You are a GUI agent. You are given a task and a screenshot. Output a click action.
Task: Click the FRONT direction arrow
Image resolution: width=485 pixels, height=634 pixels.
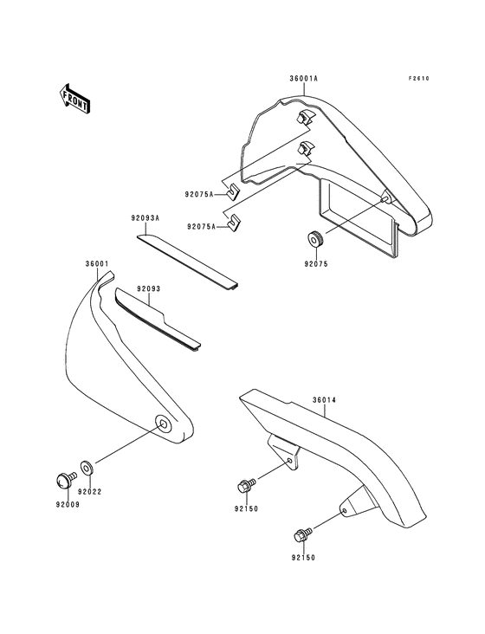[x=74, y=98]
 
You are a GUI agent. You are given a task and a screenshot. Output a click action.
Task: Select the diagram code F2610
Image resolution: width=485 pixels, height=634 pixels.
[x=418, y=79]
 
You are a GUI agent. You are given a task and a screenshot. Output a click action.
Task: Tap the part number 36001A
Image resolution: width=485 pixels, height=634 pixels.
[x=303, y=79]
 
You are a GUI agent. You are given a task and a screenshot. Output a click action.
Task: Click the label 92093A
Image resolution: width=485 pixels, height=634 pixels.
[x=145, y=218]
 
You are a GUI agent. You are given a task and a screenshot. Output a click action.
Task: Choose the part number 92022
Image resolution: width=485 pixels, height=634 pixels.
[x=90, y=492]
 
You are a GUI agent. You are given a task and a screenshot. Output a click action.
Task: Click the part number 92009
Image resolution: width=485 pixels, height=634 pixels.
[x=68, y=504]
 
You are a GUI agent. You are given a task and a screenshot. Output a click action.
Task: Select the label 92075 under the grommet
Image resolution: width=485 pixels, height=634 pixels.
[x=316, y=264]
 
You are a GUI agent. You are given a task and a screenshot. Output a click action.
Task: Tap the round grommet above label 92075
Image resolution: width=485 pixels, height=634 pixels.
[x=314, y=239]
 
